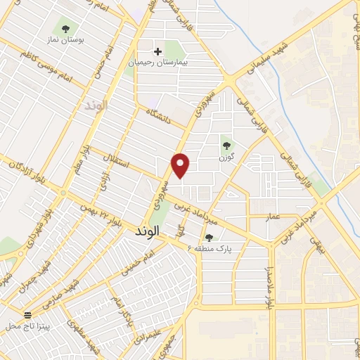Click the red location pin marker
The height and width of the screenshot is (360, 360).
181,165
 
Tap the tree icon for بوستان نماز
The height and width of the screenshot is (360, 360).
65,30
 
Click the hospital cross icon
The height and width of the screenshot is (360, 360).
158,51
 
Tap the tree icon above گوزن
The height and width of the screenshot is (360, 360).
226,146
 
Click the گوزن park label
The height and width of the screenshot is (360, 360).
226,157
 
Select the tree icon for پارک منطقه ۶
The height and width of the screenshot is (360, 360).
208,238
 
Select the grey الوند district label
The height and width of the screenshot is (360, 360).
94,105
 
